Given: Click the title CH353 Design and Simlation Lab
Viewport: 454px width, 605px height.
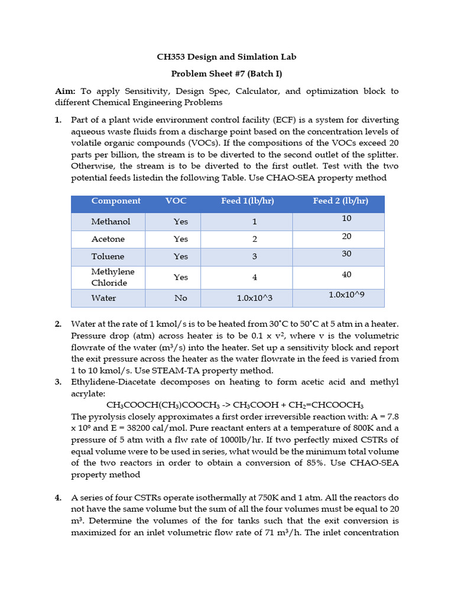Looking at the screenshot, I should click(226, 57).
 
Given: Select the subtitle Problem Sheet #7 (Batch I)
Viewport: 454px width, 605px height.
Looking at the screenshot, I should click(226, 74).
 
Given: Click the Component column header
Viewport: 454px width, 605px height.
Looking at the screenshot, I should click(116, 201).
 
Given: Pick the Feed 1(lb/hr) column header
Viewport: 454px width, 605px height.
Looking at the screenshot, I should click(247, 201).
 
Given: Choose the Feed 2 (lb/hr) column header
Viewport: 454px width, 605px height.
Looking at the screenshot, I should click(340, 201).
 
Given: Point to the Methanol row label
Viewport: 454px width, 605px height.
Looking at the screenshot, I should click(111, 222).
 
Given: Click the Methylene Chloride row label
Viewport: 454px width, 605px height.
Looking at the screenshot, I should click(112, 277).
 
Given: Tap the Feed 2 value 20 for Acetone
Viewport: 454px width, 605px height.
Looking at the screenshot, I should click(346, 236).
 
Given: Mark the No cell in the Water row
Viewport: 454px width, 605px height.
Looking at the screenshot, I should click(180, 298).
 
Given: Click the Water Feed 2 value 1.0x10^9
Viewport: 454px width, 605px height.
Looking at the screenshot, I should click(346, 295).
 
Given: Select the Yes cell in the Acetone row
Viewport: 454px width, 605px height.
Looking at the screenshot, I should click(180, 239).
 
